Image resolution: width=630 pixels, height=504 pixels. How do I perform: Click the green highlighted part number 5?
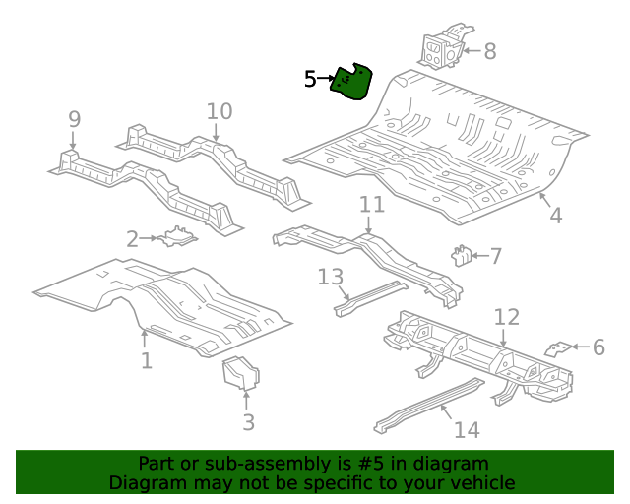[x=351, y=83]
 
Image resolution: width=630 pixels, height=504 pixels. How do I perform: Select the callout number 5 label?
[x=310, y=79]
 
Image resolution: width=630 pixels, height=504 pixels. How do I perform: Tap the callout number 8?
[x=489, y=52]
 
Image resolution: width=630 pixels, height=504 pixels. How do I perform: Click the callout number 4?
[x=555, y=215]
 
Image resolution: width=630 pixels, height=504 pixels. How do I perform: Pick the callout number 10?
[x=220, y=111]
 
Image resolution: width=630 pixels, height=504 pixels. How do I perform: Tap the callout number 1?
[x=147, y=361]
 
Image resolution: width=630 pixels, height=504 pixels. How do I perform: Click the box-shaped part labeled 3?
[x=240, y=374]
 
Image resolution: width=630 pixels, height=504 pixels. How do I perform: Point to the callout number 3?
[x=248, y=422]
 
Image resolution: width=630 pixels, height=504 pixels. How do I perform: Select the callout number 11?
[x=371, y=205]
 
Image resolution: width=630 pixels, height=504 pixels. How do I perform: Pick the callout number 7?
[x=495, y=257]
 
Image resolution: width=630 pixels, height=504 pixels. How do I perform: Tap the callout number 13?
[x=330, y=278]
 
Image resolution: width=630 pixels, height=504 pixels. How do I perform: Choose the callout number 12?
[x=506, y=317]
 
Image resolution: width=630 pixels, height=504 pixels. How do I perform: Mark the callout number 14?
[x=466, y=429]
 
